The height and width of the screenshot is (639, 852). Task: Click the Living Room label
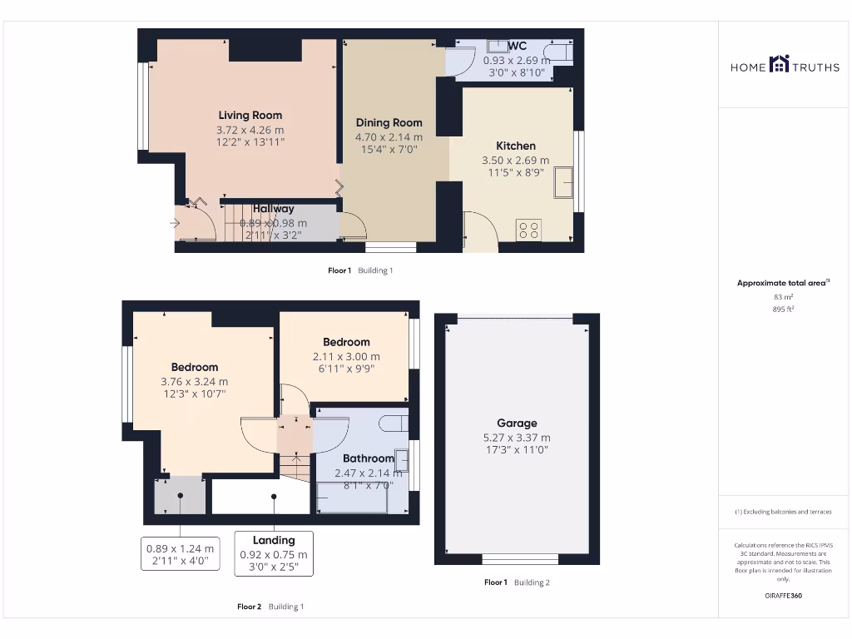coord(250,116)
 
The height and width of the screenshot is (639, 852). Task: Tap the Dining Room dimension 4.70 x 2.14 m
coord(389,137)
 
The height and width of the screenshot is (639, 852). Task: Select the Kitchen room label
coord(516,146)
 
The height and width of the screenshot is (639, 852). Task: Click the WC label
coord(517,46)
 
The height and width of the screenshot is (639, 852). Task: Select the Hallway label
coord(274,209)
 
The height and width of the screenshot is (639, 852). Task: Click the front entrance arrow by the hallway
coord(175,223)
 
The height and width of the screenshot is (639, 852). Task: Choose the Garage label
coord(517,423)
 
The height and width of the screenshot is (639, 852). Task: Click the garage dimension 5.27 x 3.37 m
coord(517,437)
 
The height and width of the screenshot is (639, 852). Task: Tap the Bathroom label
coord(368,458)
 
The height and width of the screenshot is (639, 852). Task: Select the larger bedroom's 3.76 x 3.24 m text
coord(195,382)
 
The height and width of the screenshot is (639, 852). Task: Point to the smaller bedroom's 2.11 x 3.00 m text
coord(346,356)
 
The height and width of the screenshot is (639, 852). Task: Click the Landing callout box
coord(274,553)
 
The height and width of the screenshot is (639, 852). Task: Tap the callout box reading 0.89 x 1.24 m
coord(180,555)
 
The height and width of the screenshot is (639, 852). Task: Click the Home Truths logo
coord(785,65)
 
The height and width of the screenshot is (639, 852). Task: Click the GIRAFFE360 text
coord(783,596)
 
